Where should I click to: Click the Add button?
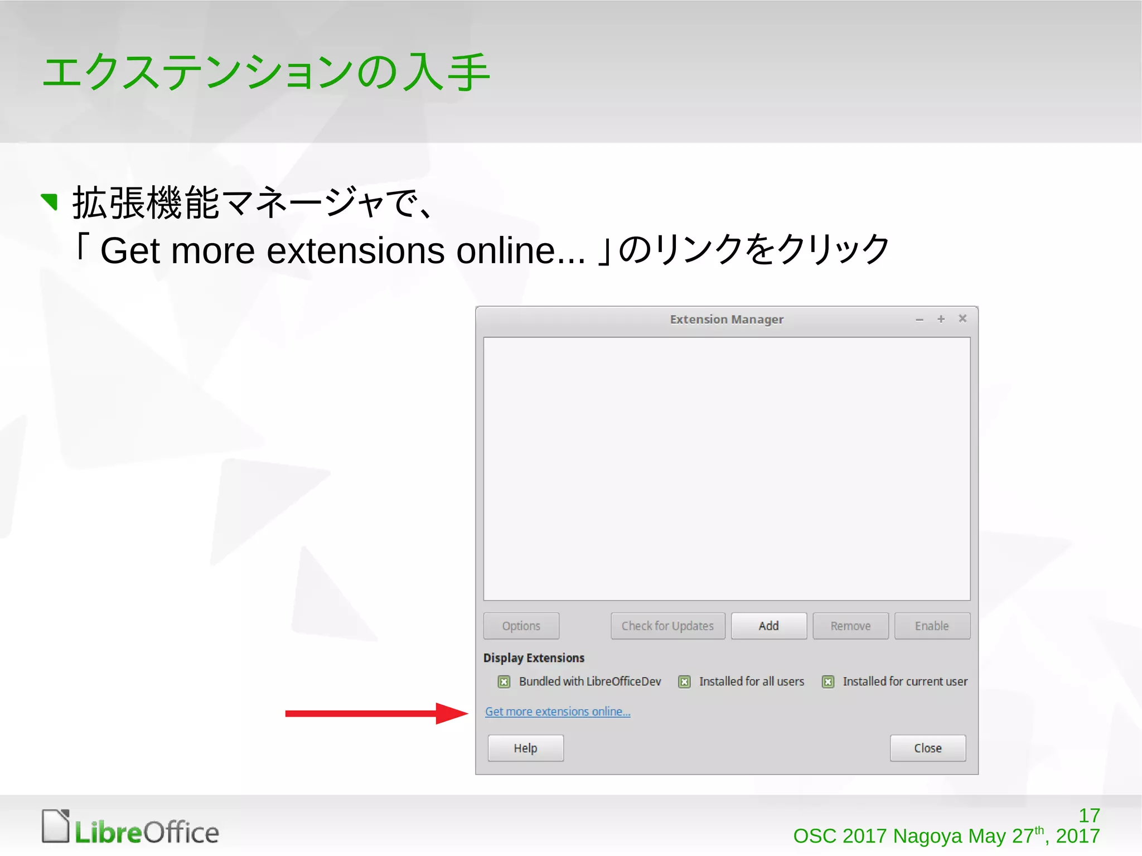768,626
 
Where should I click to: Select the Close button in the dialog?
927,748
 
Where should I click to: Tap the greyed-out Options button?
521,626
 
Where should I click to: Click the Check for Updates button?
667,626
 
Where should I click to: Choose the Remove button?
850,626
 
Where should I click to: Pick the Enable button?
932,626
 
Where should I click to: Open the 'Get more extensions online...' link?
558,712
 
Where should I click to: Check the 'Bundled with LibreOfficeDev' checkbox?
504,681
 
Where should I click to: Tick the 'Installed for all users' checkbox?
684,681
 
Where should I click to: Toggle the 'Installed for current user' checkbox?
828,681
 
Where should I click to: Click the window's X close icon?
962,318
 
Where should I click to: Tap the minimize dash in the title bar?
920,320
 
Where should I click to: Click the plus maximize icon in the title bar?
941,319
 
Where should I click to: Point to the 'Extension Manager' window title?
727,320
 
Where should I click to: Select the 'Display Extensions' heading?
534,658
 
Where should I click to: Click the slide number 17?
1089,815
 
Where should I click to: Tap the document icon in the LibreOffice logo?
56,825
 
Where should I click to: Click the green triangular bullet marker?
50,201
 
